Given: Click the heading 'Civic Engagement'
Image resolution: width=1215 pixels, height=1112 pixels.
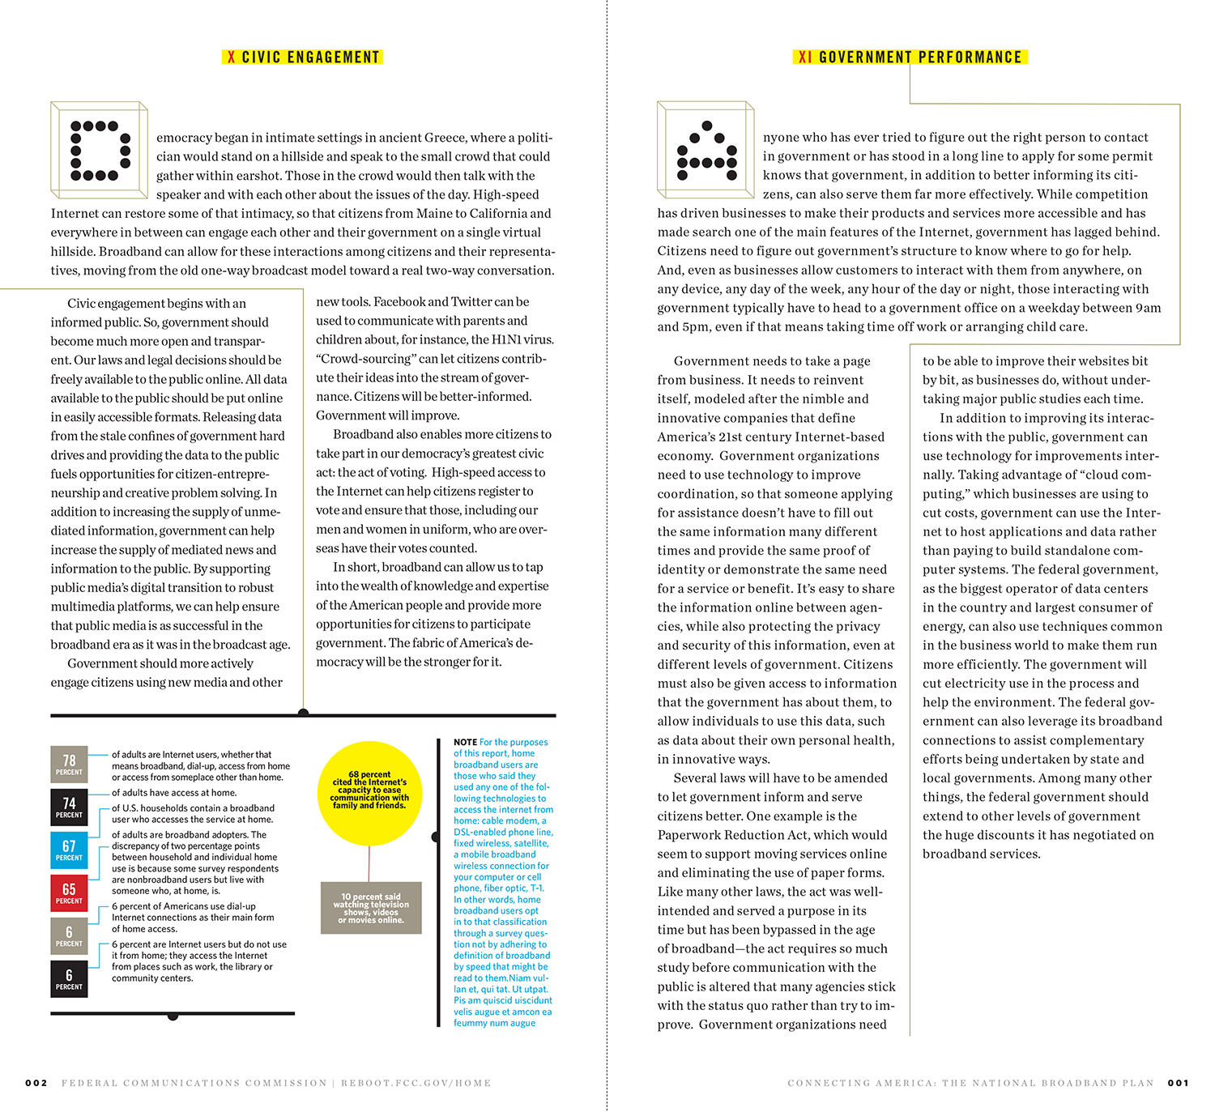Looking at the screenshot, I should pyautogui.click(x=310, y=58).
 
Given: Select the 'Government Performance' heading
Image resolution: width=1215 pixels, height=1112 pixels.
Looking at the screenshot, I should pyautogui.click(x=920, y=58).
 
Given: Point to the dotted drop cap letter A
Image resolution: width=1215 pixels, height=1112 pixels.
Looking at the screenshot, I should pyautogui.click(x=707, y=151).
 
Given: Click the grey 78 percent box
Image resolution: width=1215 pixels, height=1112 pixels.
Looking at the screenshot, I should pyautogui.click(x=69, y=764).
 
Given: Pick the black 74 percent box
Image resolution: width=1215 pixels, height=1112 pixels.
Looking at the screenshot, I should pyautogui.click(x=69, y=807).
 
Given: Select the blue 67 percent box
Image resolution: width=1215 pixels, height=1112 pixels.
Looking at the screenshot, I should pyautogui.click(x=69, y=850).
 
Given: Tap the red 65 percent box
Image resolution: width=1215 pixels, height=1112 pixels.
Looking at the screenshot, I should pyautogui.click(x=69, y=893).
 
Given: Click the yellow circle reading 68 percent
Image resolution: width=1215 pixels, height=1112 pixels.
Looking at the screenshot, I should pyautogui.click(x=369, y=790).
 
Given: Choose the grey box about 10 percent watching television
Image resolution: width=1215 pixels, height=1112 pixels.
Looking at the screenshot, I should pyautogui.click(x=371, y=908).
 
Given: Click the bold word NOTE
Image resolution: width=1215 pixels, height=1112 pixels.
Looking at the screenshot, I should pyautogui.click(x=465, y=742).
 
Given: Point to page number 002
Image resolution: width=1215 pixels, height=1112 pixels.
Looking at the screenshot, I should pyautogui.click(x=36, y=1083).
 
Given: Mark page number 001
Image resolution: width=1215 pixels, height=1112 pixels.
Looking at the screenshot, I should pyautogui.click(x=1179, y=1083).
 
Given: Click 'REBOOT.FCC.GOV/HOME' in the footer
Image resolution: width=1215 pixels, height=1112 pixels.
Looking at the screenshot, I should pyautogui.click(x=416, y=1083).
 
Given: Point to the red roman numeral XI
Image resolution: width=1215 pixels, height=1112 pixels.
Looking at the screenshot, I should pyautogui.click(x=804, y=58).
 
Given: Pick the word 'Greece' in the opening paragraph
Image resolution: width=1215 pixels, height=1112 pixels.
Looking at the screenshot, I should pyautogui.click(x=444, y=138).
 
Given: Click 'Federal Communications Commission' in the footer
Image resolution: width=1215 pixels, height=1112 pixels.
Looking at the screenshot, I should pyautogui.click(x=194, y=1083).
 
